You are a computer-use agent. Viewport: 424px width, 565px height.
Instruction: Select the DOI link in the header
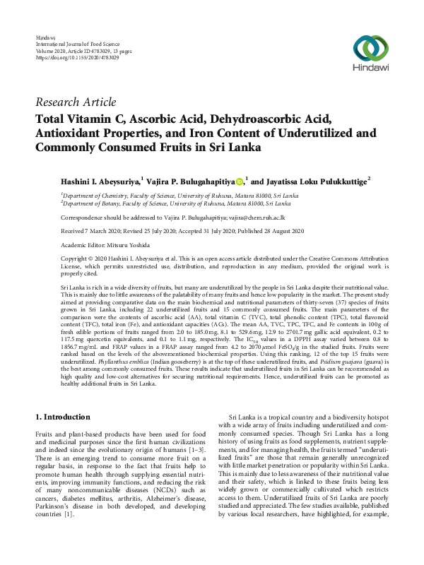point(77,57)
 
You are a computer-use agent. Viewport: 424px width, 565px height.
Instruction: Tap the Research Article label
point(75,102)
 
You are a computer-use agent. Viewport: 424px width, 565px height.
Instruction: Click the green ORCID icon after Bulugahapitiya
point(240,182)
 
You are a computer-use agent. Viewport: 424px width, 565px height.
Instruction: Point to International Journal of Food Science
point(74,44)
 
